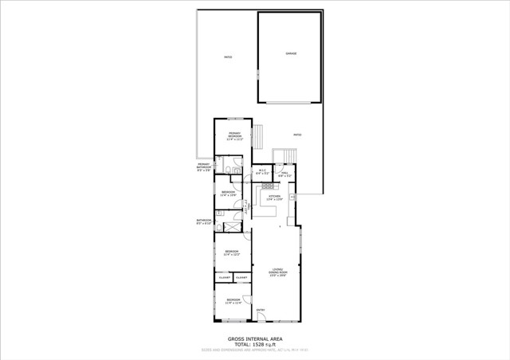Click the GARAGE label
(x=291, y=53)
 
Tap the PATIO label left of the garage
(x=227, y=57)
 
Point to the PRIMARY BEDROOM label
(x=234, y=135)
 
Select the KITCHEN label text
(x=274, y=197)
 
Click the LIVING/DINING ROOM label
(x=277, y=271)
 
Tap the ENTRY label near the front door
(x=260, y=310)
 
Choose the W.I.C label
(x=261, y=171)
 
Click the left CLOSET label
(x=225, y=277)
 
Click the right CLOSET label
(x=241, y=277)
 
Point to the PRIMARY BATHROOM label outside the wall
(x=204, y=167)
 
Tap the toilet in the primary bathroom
(x=228, y=170)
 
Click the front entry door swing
(x=261, y=319)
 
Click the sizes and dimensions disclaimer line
(x=254, y=349)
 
